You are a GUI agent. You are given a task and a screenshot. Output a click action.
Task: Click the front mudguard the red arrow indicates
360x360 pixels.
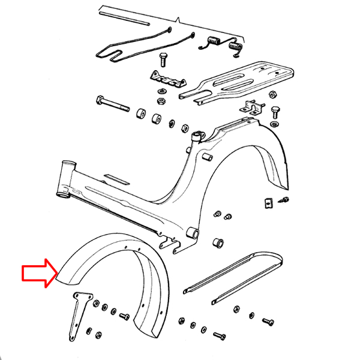[x=114, y=264]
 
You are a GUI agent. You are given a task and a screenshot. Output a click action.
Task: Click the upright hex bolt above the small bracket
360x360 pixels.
[x=163, y=61]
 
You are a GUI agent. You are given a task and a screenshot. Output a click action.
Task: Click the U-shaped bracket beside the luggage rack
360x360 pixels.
[x=253, y=108]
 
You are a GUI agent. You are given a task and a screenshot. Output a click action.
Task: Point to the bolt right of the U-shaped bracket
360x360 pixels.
[x=276, y=112]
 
